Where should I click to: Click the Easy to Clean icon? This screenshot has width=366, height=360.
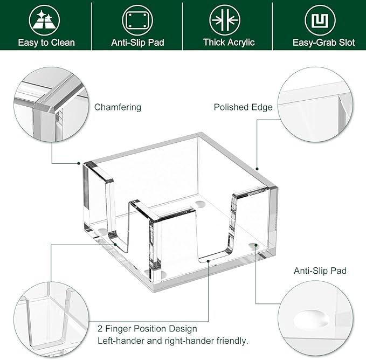[x=46, y=20]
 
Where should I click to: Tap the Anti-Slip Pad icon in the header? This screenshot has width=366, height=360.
[x=137, y=20]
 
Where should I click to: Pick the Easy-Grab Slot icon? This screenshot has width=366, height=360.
[x=320, y=20]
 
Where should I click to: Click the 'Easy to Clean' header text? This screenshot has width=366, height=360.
[x=46, y=43]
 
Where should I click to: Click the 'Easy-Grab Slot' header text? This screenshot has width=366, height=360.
[x=323, y=43]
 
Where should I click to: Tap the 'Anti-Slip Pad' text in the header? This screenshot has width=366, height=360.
[x=137, y=43]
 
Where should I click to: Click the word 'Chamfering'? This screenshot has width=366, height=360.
[x=118, y=107]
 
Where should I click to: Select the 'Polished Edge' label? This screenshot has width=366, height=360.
[x=243, y=107]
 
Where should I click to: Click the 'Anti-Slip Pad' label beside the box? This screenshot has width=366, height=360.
[x=320, y=271]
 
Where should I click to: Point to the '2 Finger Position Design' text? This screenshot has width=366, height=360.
[x=147, y=328]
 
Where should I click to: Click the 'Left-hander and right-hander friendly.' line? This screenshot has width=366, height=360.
[x=172, y=341]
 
